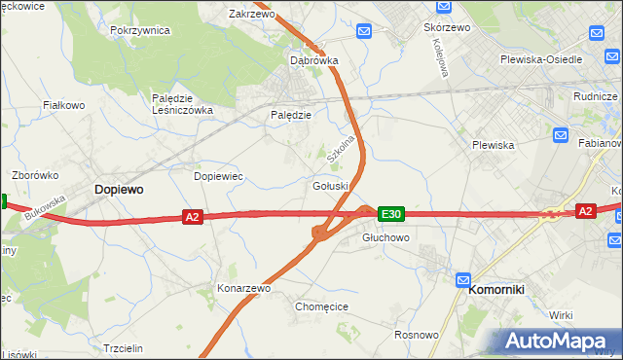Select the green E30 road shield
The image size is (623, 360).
tap(390, 213)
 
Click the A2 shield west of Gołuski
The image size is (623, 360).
tap(192, 217)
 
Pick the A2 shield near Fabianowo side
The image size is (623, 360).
tap(584, 210)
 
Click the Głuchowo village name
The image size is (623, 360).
tap(385, 237)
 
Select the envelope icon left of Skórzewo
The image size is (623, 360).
tap(363, 32)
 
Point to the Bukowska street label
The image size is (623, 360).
tap(45, 207)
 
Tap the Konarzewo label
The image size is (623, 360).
tap(243, 289)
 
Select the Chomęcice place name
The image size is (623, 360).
tap(321, 306)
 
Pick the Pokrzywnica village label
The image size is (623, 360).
tap(140, 30)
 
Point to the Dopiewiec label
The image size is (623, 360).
tap(218, 176)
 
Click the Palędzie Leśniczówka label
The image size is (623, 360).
tap(182, 104)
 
